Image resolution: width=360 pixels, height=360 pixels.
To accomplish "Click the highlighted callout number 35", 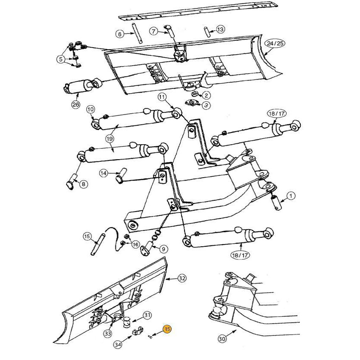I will pyautogui.click(x=167, y=329).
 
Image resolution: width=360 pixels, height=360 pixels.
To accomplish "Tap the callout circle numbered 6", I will pyautogui.click(x=120, y=34).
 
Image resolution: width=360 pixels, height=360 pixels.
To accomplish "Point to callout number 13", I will pyautogui.click(x=220, y=29).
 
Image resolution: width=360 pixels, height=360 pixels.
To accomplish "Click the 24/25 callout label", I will pyautogui.click(x=275, y=44).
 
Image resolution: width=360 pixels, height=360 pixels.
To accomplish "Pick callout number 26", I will pyautogui.click(x=76, y=105).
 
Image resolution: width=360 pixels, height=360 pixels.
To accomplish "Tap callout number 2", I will pyautogui.click(x=206, y=95).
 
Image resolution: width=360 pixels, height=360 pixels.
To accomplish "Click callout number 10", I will pyautogui.click(x=91, y=109).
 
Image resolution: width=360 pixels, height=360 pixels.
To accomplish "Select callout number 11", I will pyautogui.click(x=162, y=97).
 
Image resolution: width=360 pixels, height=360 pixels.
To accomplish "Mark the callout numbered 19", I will pyautogui.click(x=109, y=139).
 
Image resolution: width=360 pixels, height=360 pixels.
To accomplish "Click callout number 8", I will pyautogui.click(x=83, y=184).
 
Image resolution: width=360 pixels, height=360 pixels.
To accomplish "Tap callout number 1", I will pyautogui.click(x=290, y=197).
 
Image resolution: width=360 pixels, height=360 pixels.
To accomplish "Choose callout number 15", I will pyautogui.click(x=87, y=236).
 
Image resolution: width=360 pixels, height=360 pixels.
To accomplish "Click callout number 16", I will pyautogui.click(x=136, y=244).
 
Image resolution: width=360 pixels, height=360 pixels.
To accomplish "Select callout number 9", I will pyautogui.click(x=164, y=248).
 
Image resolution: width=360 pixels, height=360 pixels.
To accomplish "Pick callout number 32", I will pyautogui.click(x=182, y=278).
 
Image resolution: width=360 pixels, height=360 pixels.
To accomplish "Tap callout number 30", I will pyautogui.click(x=222, y=339).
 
